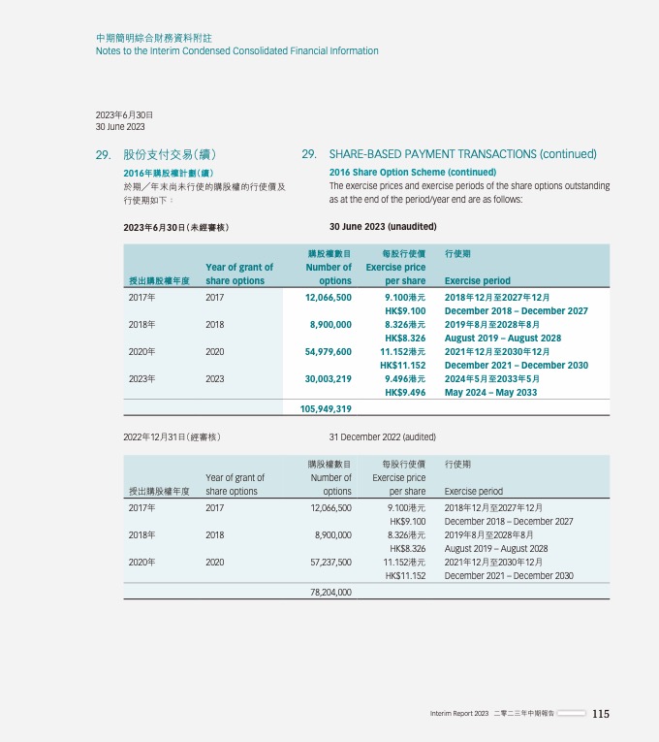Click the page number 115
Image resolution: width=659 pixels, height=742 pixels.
tap(601, 714)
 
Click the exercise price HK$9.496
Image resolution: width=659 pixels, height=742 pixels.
tap(405, 393)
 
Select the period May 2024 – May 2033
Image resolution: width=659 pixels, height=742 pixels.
tap(491, 393)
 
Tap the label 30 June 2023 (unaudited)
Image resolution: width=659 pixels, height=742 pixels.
tap(383, 227)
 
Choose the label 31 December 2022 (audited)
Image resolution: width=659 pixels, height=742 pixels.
tap(382, 437)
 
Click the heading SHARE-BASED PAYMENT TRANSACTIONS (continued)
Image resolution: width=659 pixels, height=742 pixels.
tap(462, 154)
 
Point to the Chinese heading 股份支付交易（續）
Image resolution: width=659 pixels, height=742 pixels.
tap(170, 154)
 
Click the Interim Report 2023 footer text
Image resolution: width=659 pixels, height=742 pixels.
tap(459, 714)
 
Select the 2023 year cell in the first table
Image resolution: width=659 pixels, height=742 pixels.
tap(214, 379)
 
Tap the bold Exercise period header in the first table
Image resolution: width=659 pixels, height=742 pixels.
tap(477, 281)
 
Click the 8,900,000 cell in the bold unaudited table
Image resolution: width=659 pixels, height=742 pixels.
tap(330, 324)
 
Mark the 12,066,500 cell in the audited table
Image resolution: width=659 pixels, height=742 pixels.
tap(328, 507)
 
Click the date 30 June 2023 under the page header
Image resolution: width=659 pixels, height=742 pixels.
tap(120, 127)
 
